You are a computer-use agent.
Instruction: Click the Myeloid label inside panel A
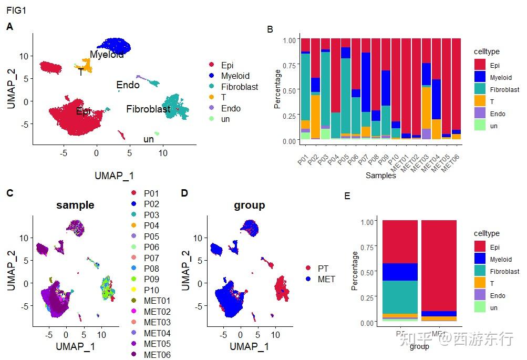tap(107, 55)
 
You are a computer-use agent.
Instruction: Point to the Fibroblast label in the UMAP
tap(148, 109)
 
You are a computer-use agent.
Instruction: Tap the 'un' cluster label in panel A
tap(149, 139)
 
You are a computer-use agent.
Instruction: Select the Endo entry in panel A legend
tap(231, 108)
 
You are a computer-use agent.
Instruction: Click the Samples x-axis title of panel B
tap(380, 176)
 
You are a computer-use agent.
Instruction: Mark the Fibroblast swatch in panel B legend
tap(480, 89)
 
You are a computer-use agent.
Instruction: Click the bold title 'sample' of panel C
tap(75, 205)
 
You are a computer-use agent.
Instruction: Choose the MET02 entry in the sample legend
tap(157, 312)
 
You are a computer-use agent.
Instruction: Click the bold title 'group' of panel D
tap(249, 205)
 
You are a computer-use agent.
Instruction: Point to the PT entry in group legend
tap(323, 268)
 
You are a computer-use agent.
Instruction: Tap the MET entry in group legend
tap(326, 279)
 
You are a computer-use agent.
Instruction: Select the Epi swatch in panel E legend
tap(480, 246)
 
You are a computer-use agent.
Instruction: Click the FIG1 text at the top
tap(16, 9)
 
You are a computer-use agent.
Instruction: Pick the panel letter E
tap(347, 196)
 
